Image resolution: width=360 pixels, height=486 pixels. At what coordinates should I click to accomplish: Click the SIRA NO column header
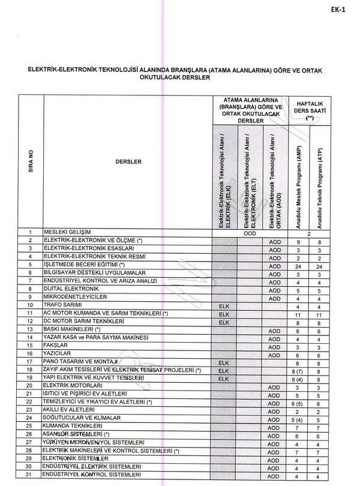(31, 161)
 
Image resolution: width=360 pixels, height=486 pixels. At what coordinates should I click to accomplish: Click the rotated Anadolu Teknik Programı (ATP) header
(321, 183)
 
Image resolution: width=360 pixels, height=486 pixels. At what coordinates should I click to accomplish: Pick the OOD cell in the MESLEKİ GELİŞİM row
(250, 233)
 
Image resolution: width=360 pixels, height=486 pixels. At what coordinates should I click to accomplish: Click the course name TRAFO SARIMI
(62, 305)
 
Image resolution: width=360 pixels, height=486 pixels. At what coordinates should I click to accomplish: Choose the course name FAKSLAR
(55, 346)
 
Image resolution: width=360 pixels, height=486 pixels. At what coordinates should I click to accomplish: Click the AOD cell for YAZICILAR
(275, 355)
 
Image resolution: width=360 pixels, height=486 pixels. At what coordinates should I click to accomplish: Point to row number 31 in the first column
(30, 476)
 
